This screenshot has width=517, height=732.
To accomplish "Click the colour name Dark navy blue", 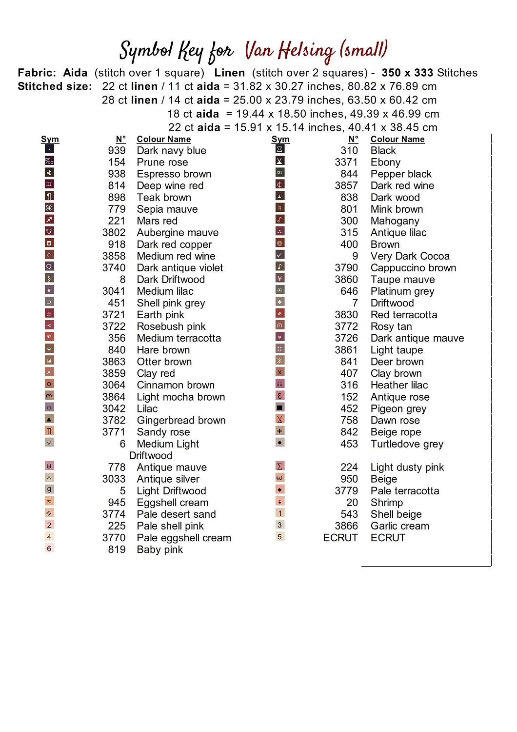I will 171,151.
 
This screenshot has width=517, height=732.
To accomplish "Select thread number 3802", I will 114,233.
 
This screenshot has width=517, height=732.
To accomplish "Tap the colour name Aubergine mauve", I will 178,233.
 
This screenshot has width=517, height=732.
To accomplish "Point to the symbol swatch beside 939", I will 49,149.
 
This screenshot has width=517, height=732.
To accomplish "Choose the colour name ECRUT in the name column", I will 388,538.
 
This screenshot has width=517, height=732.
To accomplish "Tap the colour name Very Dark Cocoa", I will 410,256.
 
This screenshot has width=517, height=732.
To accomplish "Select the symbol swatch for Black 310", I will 280,149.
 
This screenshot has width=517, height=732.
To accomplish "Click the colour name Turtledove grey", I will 407,444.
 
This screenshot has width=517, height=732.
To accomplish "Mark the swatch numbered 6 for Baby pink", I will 49,549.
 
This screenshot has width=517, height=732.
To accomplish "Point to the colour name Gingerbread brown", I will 181,421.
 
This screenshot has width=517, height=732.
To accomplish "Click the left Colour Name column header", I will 163,140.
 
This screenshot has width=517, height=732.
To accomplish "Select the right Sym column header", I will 280,140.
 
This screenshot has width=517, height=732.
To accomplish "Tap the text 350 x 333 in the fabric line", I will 407,73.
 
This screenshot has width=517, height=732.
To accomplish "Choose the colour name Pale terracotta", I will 405,491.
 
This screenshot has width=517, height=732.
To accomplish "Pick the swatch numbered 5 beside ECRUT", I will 279,537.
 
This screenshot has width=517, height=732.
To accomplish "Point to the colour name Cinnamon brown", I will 176,386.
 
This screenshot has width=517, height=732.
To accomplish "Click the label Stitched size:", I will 55,87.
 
